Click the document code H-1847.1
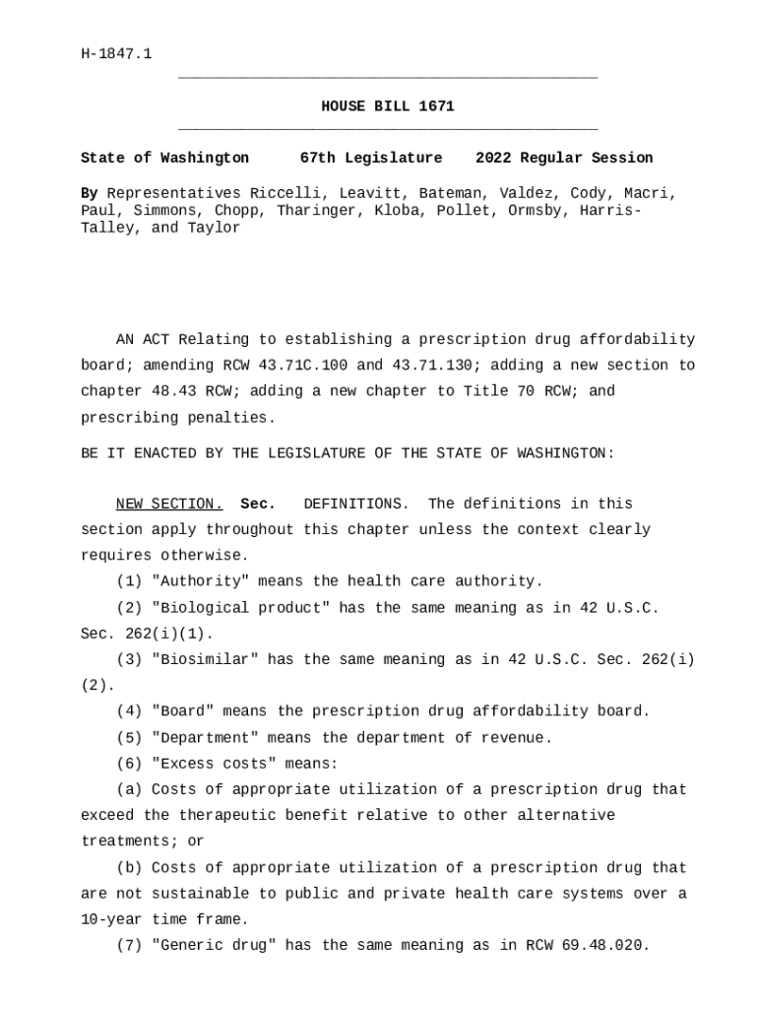(x=116, y=53)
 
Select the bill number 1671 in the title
(x=437, y=106)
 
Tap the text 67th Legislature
(x=371, y=158)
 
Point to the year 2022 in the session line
(x=493, y=158)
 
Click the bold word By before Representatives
(x=89, y=193)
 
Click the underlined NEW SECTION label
(x=169, y=504)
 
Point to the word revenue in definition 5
(x=517, y=738)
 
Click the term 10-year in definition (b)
(x=111, y=919)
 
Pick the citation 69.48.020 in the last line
(x=605, y=946)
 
